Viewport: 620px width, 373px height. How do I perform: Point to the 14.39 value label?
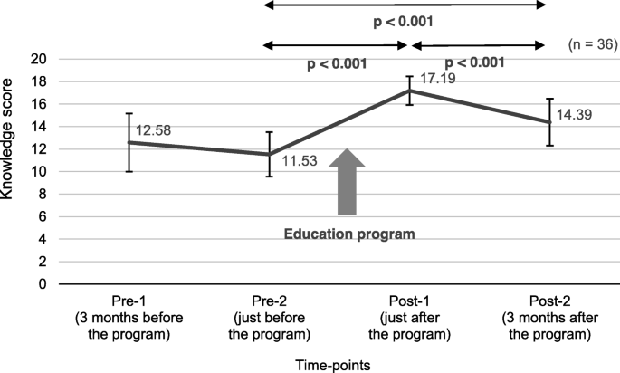tap(577, 115)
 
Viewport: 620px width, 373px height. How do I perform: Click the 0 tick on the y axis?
tap(42, 284)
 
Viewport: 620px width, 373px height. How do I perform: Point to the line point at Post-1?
tap(409, 90)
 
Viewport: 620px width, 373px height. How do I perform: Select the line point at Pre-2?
tap(270, 154)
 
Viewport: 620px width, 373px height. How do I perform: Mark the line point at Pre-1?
tap(129, 142)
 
